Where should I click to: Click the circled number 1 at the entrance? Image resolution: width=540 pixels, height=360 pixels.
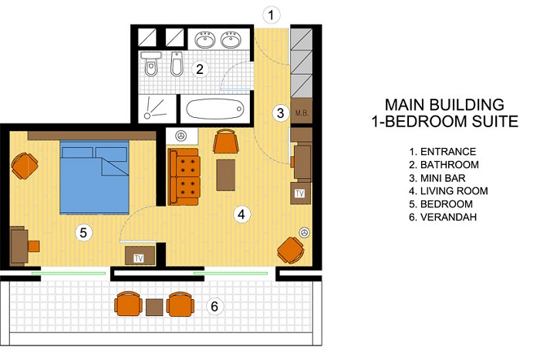point(272,15)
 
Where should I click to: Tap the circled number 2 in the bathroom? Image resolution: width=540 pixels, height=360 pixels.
point(200,69)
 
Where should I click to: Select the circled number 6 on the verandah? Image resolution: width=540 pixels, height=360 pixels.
point(214,306)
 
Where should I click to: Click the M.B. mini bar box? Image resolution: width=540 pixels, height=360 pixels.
point(302,112)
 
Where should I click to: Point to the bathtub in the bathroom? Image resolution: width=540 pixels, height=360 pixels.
point(215,109)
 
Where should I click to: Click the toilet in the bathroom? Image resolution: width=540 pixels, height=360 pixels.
point(151,63)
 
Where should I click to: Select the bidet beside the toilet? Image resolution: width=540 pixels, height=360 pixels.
point(177,64)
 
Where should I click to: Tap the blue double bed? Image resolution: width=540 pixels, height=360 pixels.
point(94,177)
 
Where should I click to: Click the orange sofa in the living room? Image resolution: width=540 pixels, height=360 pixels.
point(184,177)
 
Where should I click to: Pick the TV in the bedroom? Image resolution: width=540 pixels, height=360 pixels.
point(140,256)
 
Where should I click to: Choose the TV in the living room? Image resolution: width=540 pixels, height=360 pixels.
point(300,193)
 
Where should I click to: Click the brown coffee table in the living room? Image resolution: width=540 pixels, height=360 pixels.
point(226,175)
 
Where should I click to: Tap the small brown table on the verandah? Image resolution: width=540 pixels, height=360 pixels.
point(154,307)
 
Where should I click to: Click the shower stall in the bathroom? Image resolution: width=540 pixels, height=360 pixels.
point(157,108)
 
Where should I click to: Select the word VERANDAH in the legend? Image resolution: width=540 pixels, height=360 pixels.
point(448,217)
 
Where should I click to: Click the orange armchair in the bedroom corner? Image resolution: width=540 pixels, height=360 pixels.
point(24,166)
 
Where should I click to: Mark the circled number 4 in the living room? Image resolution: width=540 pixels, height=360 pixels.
point(241,214)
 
